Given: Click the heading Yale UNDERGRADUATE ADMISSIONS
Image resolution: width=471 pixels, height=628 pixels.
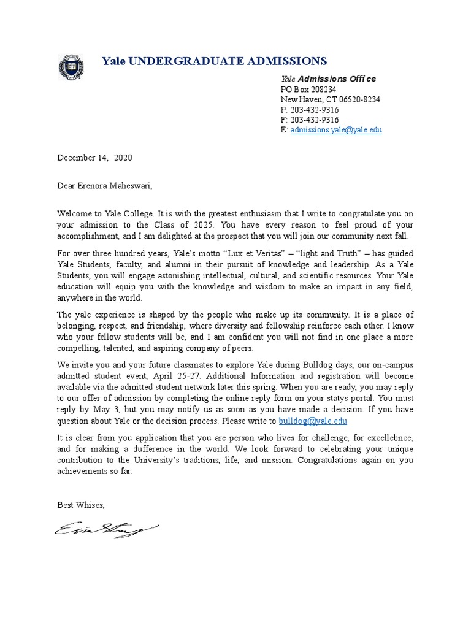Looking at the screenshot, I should (x=214, y=61).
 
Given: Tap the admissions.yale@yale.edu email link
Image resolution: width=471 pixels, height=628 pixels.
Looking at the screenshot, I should (x=335, y=130).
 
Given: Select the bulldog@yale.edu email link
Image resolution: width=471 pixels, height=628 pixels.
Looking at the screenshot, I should (x=313, y=421).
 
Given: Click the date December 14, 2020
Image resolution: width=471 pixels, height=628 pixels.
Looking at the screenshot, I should (x=94, y=158).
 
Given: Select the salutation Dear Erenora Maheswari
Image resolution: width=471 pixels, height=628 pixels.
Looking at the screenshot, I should (x=104, y=185).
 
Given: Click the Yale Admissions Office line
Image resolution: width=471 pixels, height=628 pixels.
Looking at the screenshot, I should (x=328, y=79).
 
